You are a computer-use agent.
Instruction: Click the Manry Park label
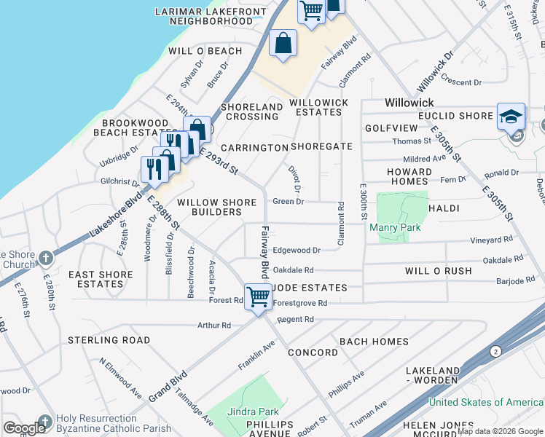395,228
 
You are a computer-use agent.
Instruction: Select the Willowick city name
409,103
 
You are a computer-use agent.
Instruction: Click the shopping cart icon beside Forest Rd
258,297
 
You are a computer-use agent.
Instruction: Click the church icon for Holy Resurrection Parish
45,421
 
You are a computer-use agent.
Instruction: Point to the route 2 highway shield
496,352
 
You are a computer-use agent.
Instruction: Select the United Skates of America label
486,402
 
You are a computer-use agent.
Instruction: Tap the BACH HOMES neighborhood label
374,342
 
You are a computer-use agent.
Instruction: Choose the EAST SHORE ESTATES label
101,280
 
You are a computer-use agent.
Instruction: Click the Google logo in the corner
24,428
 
